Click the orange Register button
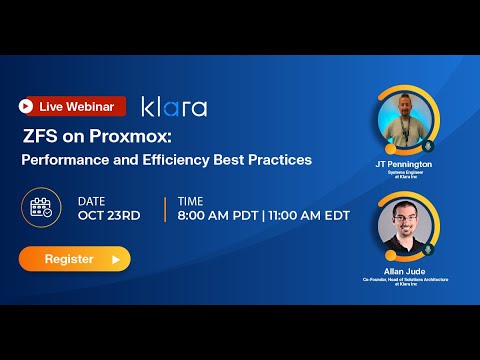pyautogui.click(x=74, y=259)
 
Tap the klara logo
pyautogui.click(x=174, y=106)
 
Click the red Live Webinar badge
pyautogui.click(x=72, y=106)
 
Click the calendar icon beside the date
pyautogui.click(x=42, y=208)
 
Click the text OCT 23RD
pyautogui.click(x=109, y=216)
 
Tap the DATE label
pyautogui.click(x=92, y=201)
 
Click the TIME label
pyautogui.click(x=190, y=201)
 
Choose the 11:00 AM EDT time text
pyautogui.click(x=309, y=216)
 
